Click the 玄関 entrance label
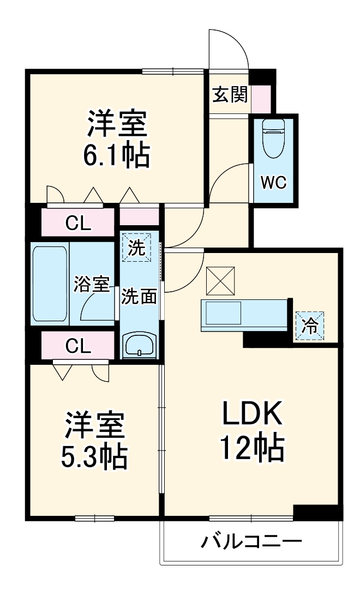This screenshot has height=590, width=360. coord(230,95)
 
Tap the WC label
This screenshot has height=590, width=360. coord(273,183)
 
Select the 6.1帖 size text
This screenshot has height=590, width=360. coord(116,156)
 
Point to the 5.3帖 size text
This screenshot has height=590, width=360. coord(94,457)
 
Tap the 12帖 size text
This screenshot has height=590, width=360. coord(251,448)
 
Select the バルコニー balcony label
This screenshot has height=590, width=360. coord(251,542)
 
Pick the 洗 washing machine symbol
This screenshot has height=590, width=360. coord(137,248)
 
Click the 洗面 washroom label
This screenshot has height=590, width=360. coord(139,297)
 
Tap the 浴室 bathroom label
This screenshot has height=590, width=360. coord(92,284)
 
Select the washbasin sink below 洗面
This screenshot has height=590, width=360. coord(140,345)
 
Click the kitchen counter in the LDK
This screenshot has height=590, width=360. coord(244,315)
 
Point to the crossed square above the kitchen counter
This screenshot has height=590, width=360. coord(220,280)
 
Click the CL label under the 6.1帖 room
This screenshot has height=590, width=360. coord(79,222)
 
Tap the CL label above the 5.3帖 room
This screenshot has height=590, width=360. coord(79,345)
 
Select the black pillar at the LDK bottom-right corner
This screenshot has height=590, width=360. coord(317,512)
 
